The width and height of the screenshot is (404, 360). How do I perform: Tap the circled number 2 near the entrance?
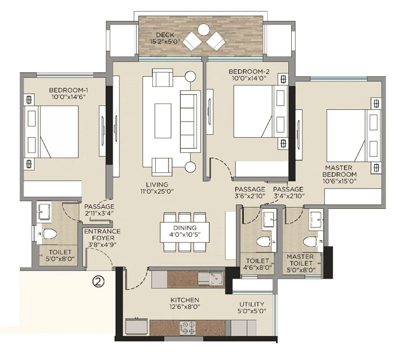coord(99,282)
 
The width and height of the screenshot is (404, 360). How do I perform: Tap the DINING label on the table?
coord(185,228)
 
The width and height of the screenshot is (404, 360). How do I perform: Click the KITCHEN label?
coord(185,300)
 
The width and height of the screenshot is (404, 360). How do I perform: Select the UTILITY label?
coord(252,304)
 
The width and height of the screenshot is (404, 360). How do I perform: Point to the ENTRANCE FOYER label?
coord(102,231)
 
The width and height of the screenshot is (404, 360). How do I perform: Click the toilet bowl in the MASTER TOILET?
coord(309,240)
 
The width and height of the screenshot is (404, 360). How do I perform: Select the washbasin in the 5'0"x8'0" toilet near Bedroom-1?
coord(44,213)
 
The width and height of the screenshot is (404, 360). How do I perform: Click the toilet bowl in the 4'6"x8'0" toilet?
coord(263,240)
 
